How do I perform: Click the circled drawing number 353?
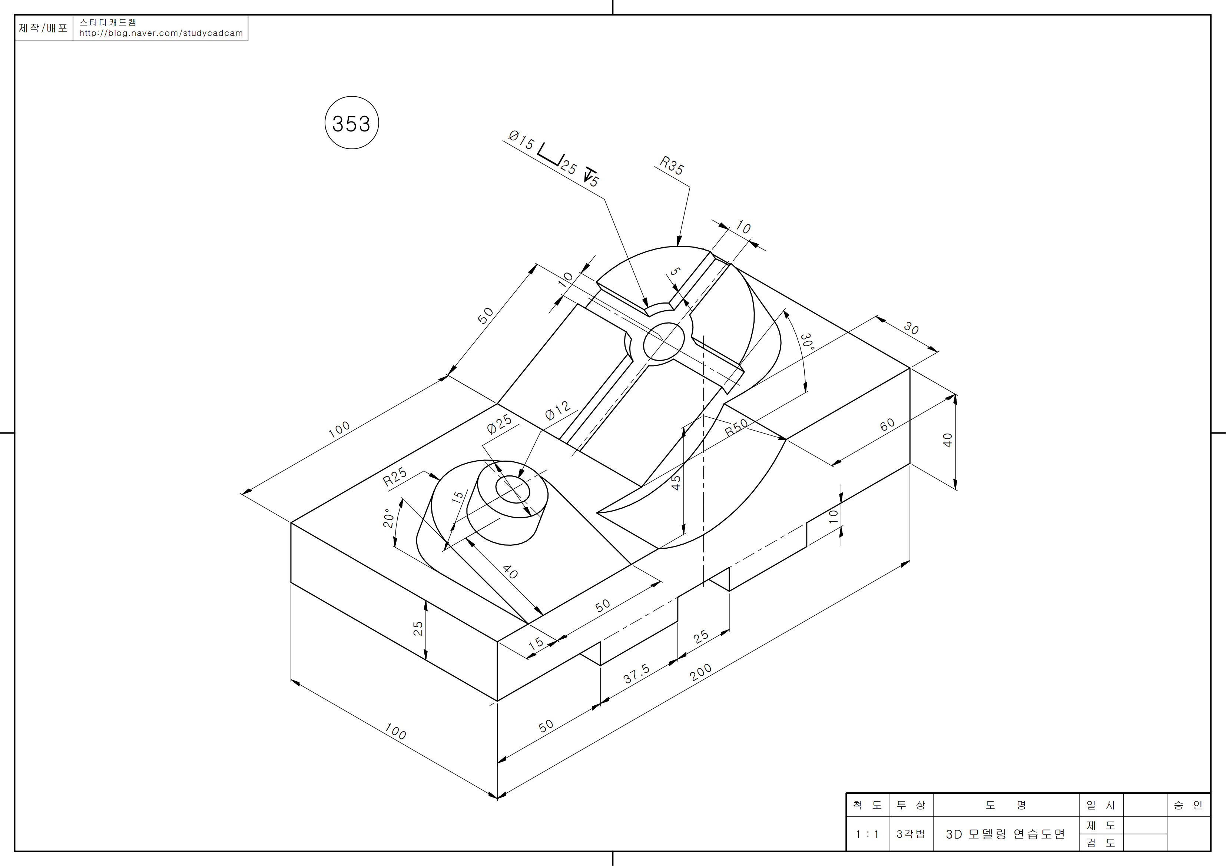click(x=351, y=123)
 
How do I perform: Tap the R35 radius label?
click(x=671, y=165)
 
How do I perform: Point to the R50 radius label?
click(x=736, y=428)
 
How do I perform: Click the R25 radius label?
click(x=395, y=477)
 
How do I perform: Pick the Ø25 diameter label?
click(x=499, y=424)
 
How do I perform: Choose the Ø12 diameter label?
click(x=557, y=411)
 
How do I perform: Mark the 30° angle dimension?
click(x=807, y=341)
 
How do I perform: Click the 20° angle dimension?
click(x=389, y=518)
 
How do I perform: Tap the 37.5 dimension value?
click(x=636, y=673)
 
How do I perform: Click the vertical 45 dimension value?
click(x=676, y=483)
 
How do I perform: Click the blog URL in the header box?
click(x=161, y=33)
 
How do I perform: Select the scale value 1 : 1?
click(x=867, y=834)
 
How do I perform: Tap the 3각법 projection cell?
click(x=911, y=834)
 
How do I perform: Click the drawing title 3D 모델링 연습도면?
click(x=1005, y=834)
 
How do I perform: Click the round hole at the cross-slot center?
click(x=664, y=341)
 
